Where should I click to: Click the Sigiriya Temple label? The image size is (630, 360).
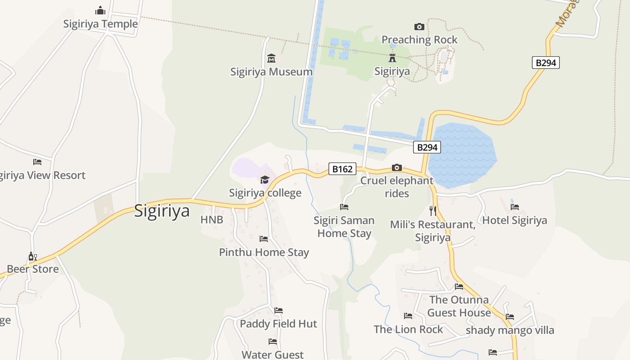[x=100, y=24]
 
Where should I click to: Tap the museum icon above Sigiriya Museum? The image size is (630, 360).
[x=271, y=58]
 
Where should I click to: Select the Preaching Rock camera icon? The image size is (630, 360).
[x=419, y=27]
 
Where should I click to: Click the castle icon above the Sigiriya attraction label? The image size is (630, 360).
[x=392, y=58]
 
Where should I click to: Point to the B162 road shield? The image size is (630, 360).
[x=342, y=169]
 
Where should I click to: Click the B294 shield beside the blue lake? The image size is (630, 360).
[x=427, y=147]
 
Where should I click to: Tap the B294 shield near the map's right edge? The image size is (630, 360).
[x=546, y=63]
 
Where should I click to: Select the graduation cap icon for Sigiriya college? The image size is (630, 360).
[x=265, y=180]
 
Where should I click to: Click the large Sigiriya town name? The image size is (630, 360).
[x=162, y=211]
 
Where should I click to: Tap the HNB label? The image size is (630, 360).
[x=211, y=220]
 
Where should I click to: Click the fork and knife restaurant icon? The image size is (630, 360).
[x=433, y=211]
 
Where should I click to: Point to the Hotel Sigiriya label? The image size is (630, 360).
[x=514, y=220]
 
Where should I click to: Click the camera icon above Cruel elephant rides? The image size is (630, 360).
[x=396, y=167]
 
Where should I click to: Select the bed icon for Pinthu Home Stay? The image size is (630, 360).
[x=264, y=239]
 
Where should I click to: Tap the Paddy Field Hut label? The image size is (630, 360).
[x=278, y=324]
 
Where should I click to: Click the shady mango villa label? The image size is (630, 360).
[x=510, y=330]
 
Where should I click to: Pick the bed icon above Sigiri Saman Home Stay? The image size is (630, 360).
[x=344, y=207]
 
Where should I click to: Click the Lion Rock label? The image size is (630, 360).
[x=408, y=329]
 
